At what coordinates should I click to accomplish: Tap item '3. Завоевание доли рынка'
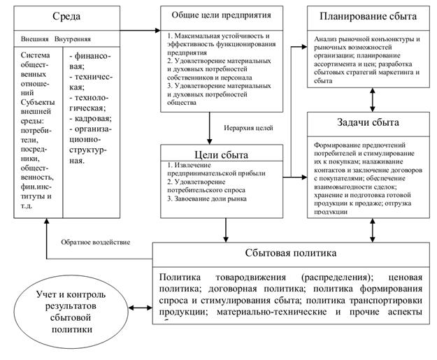coord(206,199)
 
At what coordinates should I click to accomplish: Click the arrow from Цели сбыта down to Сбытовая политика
coord(226,229)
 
